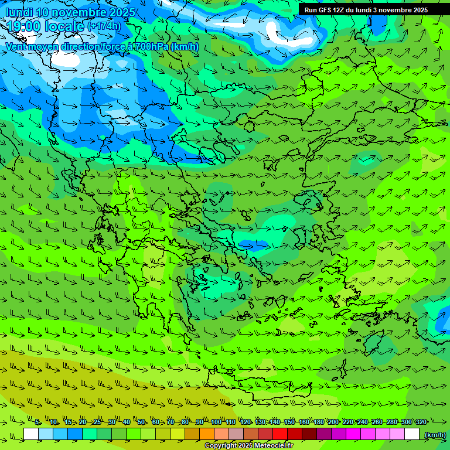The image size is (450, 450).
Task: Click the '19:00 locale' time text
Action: coord(46,26)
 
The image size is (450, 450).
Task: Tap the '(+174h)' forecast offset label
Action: coord(104,26)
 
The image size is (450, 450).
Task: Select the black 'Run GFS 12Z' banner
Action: coord(366,10)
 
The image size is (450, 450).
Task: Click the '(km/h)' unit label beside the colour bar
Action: coord(435,435)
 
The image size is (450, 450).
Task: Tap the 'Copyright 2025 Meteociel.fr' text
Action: coord(248,446)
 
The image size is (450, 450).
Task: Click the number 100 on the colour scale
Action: coord(216,422)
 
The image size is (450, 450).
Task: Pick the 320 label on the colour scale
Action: coord(421,422)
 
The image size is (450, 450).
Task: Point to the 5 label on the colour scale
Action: coord(37,422)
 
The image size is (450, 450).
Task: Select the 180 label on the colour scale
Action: coord(318,422)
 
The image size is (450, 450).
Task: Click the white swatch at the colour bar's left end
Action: coord(31,434)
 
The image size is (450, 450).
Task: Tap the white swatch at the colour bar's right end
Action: coord(412,434)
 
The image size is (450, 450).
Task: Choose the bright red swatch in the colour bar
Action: coord(280,434)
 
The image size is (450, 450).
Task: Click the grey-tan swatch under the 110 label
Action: coord(236,434)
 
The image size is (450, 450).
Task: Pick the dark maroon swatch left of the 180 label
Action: coord(309,434)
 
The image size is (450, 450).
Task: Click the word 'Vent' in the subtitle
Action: coord(18,46)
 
